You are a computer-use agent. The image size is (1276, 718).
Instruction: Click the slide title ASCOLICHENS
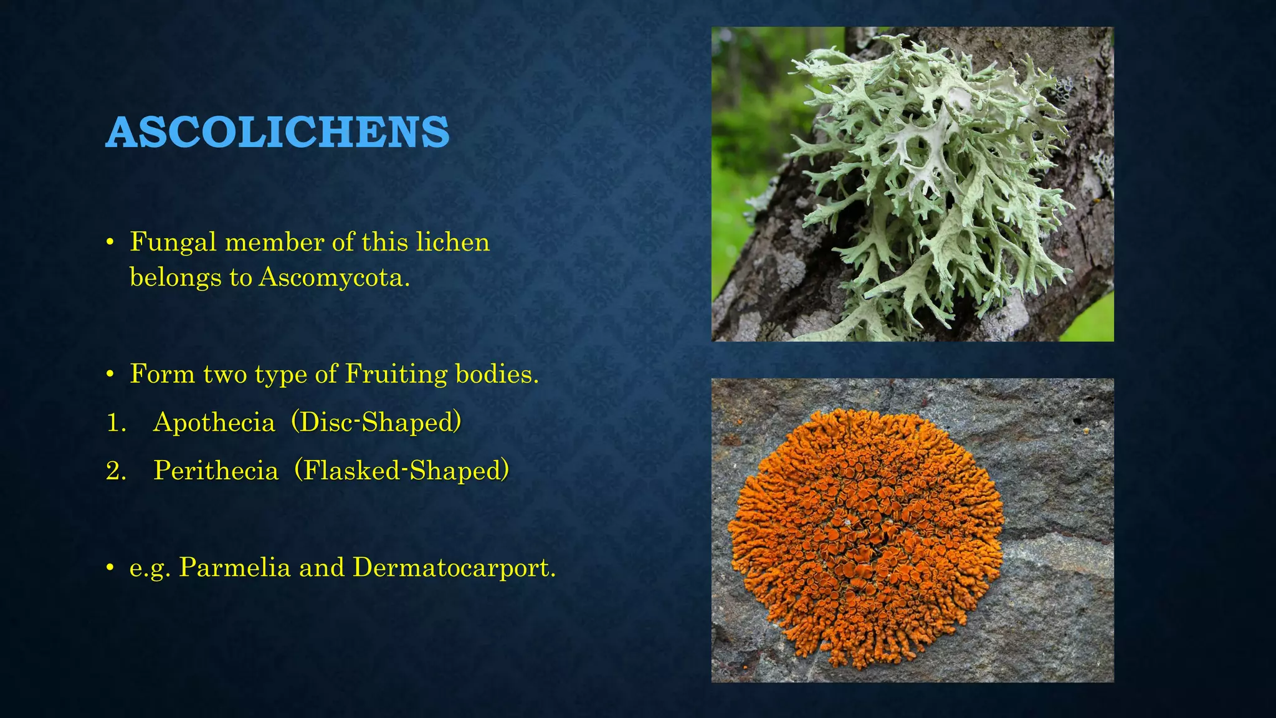click(x=277, y=132)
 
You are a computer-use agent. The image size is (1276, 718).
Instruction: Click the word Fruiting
click(x=396, y=375)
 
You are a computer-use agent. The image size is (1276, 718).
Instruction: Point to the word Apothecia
click(x=214, y=423)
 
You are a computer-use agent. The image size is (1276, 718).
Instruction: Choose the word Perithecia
click(x=216, y=471)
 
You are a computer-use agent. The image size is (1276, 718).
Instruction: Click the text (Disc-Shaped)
click(x=376, y=423)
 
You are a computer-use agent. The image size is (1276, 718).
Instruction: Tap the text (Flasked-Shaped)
click(x=402, y=471)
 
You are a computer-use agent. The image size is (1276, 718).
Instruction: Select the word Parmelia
click(x=235, y=568)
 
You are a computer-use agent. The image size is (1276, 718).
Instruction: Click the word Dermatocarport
click(x=454, y=568)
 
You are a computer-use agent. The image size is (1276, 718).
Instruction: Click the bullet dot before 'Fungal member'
click(x=110, y=242)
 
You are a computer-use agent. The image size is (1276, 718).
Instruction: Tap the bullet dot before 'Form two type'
click(x=110, y=375)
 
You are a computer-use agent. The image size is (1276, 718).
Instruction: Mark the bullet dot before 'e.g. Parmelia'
click(x=110, y=568)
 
